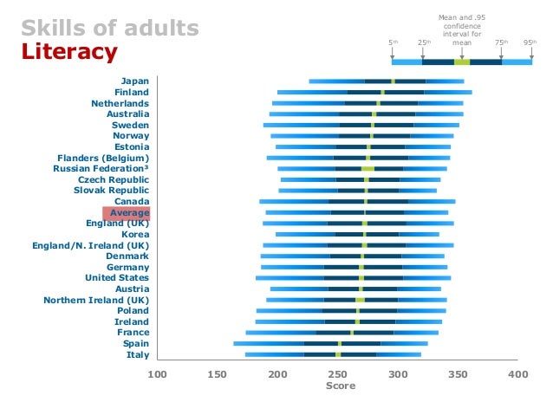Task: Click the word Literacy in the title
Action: (68, 52)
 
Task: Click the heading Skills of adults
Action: (110, 28)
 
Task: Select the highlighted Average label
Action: (127, 212)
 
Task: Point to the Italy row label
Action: (138, 354)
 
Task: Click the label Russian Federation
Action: (101, 168)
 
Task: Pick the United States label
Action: (117, 278)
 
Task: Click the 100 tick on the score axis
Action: (157, 374)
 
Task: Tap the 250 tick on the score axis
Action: (338, 374)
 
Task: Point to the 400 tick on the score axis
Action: (518, 374)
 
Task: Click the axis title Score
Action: (340, 386)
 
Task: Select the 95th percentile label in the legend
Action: (529, 42)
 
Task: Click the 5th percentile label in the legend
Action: (393, 42)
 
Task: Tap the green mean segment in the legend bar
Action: (462, 62)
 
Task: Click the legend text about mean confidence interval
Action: (461, 29)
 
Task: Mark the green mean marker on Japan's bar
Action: (393, 81)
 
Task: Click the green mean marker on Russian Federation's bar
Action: (368, 169)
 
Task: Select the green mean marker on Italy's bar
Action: (338, 354)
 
